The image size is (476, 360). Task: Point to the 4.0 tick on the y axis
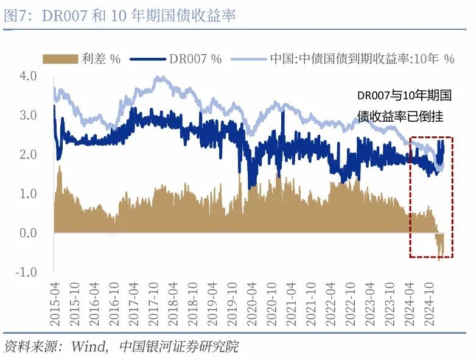click(29, 76)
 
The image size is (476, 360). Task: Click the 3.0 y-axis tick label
click(29, 115)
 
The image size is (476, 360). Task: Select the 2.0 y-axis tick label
click(29, 155)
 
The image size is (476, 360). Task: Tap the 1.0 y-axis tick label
click(29, 194)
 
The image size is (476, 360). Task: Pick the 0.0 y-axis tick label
click(29, 233)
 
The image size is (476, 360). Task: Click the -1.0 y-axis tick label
click(27, 272)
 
